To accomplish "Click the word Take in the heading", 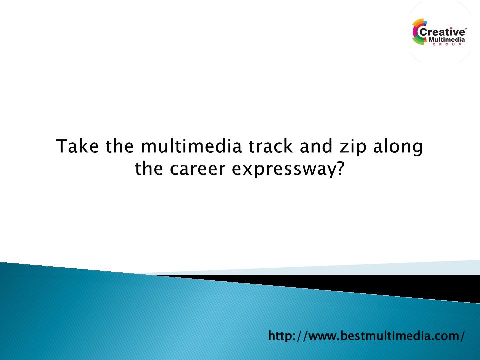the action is (77, 146).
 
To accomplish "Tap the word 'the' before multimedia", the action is (119, 146).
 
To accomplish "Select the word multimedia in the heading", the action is (191, 146).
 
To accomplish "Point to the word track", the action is (270, 146).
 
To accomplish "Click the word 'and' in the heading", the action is (316, 146).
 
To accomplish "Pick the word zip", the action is (352, 148).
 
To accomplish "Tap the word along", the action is (398, 148).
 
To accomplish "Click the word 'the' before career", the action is (149, 168).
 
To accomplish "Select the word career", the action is (198, 170).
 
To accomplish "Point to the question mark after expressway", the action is (340, 168).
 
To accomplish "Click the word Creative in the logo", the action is (442, 32).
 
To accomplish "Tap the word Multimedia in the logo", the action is (447, 40).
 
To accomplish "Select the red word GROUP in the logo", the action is (447, 44).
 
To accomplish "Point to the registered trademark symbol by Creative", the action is (466, 29).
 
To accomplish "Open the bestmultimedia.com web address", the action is (366, 336).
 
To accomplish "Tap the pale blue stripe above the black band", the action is (336, 269).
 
